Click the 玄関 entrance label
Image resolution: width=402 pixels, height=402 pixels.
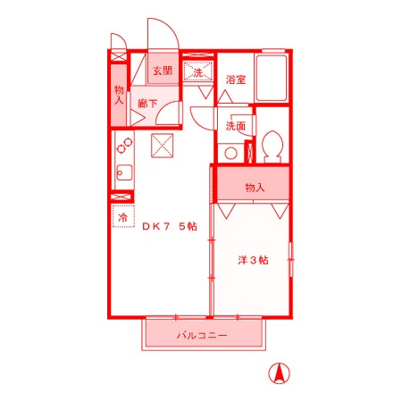163,71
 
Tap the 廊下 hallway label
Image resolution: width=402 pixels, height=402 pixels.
147,104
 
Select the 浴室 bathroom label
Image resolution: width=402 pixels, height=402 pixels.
236,80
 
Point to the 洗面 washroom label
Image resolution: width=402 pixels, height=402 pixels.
236,126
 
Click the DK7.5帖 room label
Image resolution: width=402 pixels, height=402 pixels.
170,227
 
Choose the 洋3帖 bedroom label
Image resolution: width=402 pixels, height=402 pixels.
253,260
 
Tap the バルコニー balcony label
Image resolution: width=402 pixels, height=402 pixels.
202,336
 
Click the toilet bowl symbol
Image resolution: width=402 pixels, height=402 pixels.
272,147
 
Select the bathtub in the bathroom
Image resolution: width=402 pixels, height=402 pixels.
272,78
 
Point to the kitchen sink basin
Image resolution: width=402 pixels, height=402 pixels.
124,173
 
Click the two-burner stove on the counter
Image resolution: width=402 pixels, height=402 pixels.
124,146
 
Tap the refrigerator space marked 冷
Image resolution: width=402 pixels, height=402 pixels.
123,216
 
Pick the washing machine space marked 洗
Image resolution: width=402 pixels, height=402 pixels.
198,71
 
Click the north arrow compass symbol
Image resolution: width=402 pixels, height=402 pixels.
279,373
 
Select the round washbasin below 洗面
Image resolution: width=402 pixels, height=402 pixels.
230,154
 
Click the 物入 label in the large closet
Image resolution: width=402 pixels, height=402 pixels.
255,188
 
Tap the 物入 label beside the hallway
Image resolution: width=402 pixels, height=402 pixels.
119,95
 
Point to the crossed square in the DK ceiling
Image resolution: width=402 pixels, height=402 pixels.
163,146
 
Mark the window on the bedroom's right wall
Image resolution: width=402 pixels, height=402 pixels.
291,259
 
